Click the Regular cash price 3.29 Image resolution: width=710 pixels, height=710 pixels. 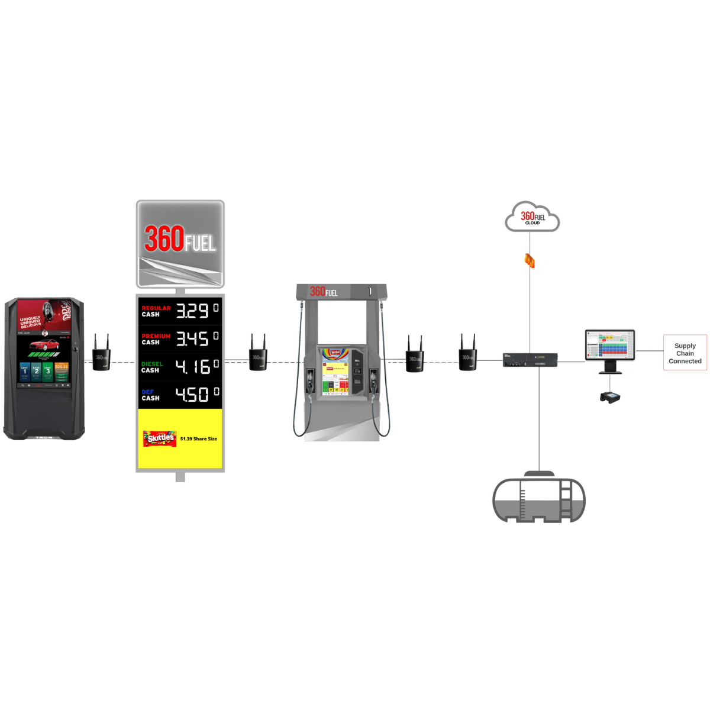click(x=193, y=311)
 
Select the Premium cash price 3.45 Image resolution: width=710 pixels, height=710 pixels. click(x=193, y=339)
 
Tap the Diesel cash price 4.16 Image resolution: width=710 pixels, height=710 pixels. click(x=193, y=367)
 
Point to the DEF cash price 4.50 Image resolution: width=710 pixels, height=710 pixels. click(x=193, y=395)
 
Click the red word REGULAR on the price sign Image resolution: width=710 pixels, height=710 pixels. click(x=156, y=308)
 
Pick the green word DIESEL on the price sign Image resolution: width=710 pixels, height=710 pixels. click(x=151, y=364)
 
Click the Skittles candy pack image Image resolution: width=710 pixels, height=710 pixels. click(x=159, y=438)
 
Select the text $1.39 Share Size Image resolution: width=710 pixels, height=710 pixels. click(x=198, y=439)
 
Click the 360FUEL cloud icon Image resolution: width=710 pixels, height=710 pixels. click(x=532, y=217)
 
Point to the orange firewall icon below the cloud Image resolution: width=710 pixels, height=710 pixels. click(x=530, y=260)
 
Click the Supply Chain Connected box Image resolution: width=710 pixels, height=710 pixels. click(x=685, y=353)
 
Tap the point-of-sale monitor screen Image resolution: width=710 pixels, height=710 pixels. click(x=611, y=345)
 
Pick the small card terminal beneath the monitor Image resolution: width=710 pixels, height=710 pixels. click(x=609, y=396)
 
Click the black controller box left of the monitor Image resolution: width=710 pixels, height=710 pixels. click(x=530, y=359)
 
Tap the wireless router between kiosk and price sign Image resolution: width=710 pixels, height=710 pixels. click(x=102, y=354)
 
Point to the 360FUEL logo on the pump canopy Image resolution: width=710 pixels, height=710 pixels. click(x=324, y=291)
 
